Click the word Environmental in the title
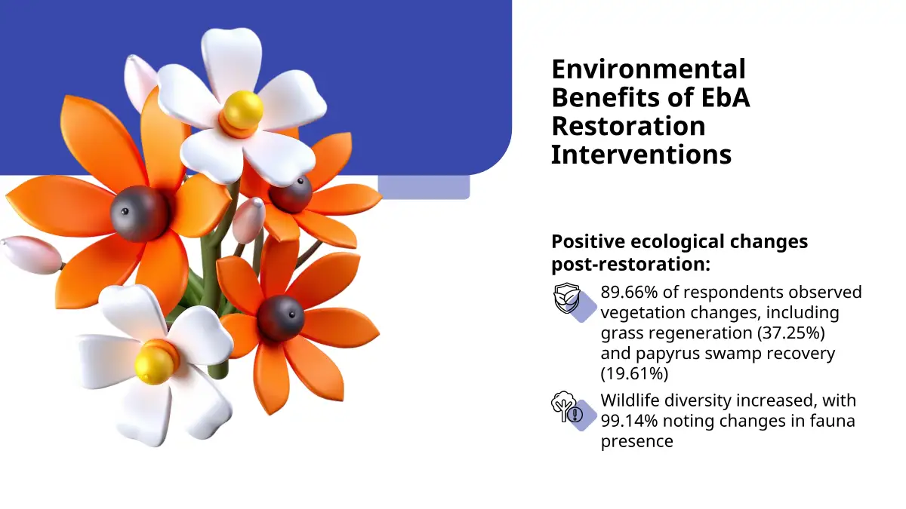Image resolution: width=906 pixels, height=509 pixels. [x=649, y=69]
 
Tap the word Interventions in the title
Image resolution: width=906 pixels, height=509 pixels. [x=642, y=155]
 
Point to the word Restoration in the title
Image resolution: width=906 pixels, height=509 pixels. [x=628, y=126]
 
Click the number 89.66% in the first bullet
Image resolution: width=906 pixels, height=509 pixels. [x=630, y=292]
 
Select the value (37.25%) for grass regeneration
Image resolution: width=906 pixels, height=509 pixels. [x=791, y=333]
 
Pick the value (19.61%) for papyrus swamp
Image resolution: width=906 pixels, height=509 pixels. [x=635, y=373]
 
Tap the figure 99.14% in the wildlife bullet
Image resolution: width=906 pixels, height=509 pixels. [x=630, y=421]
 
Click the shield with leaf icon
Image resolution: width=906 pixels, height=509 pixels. [x=567, y=298]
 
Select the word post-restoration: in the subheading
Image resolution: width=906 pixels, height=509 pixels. [x=631, y=265]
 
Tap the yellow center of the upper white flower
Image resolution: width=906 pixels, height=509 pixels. [x=243, y=110]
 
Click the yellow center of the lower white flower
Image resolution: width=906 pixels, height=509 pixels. [x=154, y=365]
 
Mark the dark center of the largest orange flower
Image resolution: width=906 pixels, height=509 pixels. [x=140, y=214]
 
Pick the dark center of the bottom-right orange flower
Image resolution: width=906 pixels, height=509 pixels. [x=281, y=318]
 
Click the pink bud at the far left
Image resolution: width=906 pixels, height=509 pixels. [x=31, y=255]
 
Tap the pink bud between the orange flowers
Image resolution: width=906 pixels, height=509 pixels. [x=248, y=219]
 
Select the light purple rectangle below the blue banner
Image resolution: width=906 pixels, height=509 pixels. [x=424, y=187]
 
